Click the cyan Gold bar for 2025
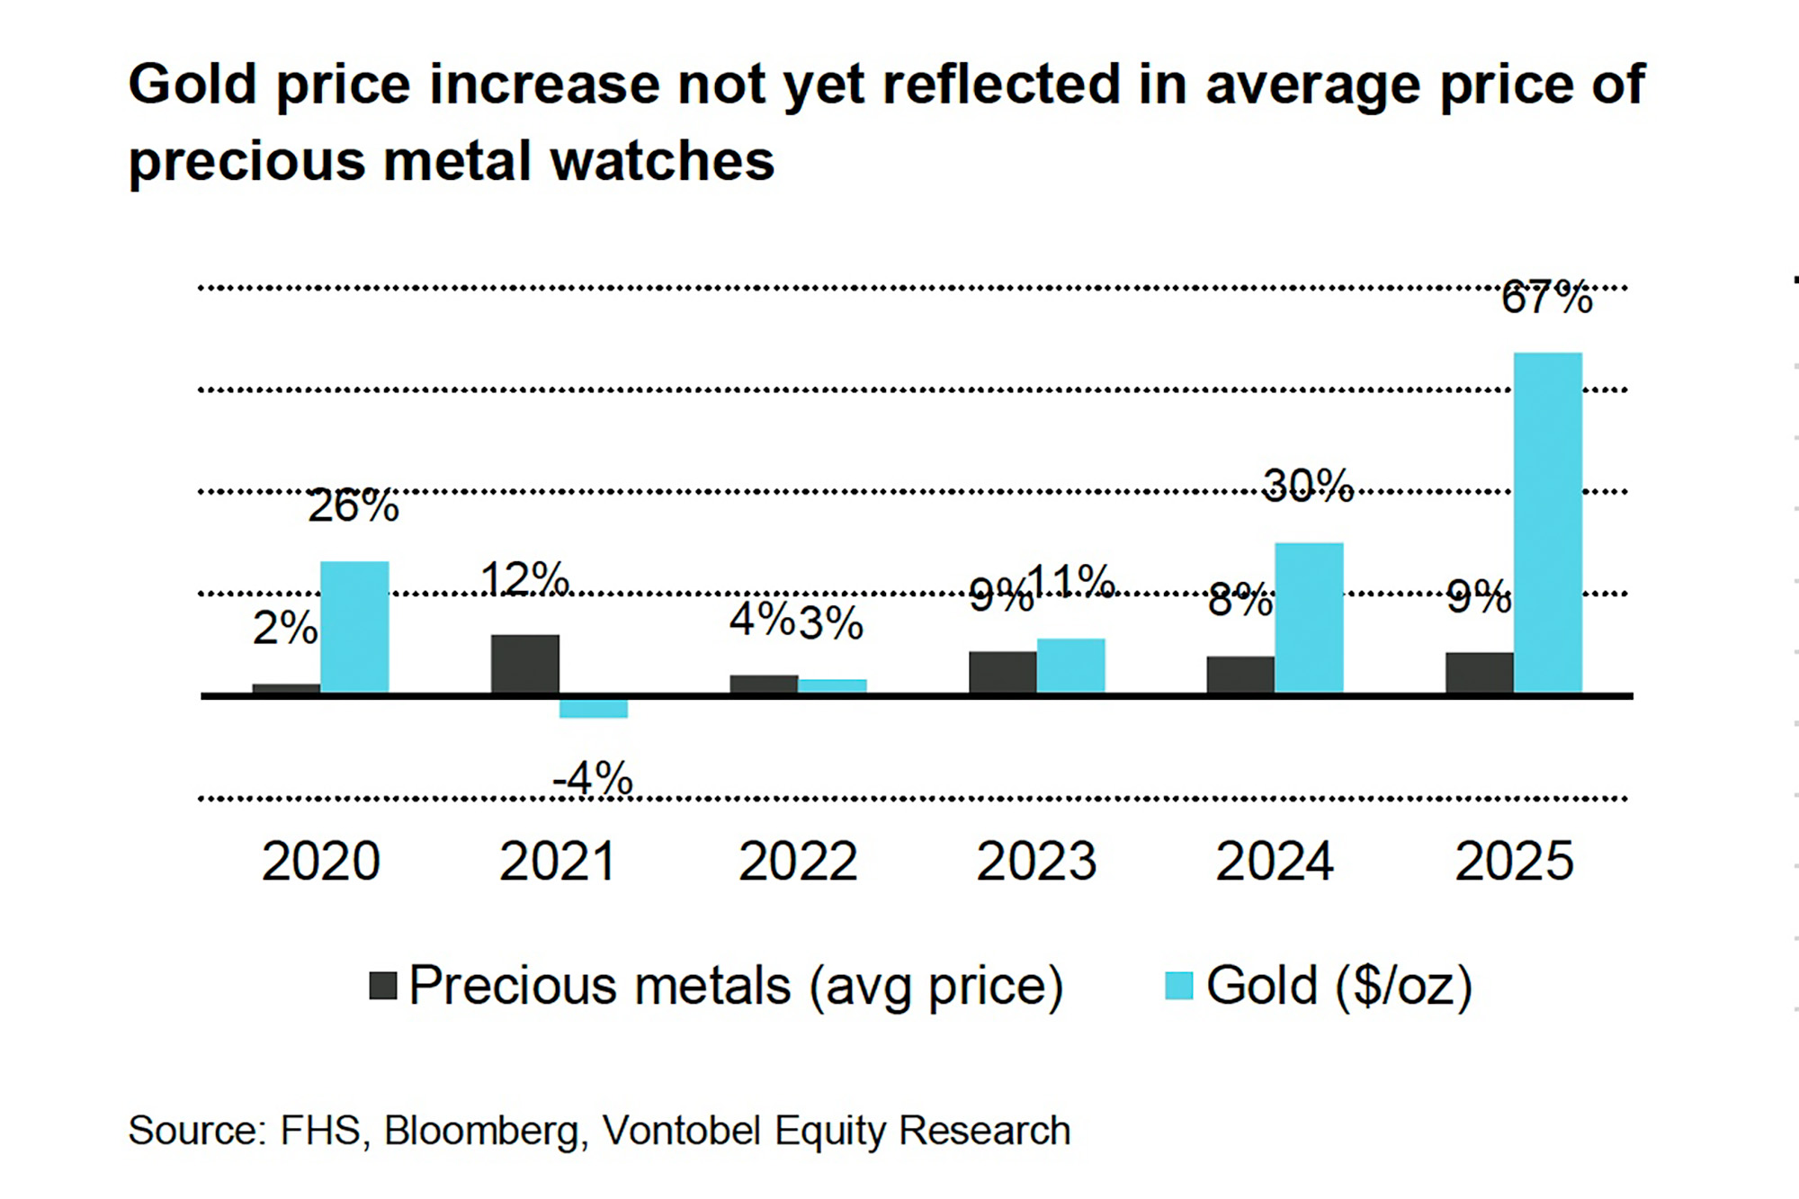[1547, 522]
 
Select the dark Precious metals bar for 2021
[524, 664]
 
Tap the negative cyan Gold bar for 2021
[593, 708]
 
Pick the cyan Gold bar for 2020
[354, 626]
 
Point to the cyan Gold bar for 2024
[1309, 617]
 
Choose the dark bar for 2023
[1002, 672]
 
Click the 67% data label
[1546, 298]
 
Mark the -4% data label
[593, 778]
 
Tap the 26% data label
[353, 506]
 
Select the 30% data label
[1308, 486]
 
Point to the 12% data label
[524, 578]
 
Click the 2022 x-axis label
[798, 861]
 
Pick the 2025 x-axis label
[1514, 861]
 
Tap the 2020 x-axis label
[321, 861]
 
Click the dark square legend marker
[383, 986]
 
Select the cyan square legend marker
[1178, 986]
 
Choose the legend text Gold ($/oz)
[1338, 986]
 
